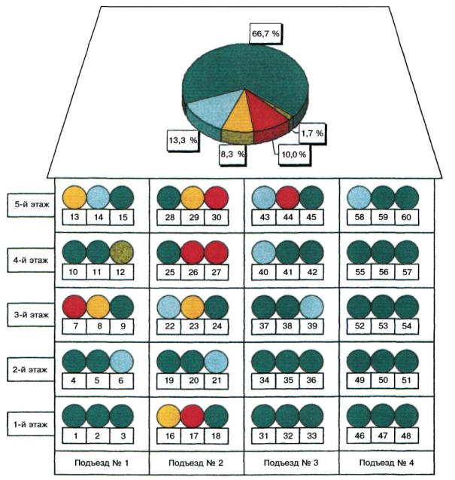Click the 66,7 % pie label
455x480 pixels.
pos(265,33)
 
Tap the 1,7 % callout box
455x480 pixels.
pos(312,133)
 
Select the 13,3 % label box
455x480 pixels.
pos(183,140)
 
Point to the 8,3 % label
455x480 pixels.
pos(233,154)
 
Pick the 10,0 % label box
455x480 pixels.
pos(293,154)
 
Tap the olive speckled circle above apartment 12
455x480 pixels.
pos(121,252)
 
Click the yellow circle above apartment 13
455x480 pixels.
pos(74,197)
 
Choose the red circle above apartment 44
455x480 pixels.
pos(287,197)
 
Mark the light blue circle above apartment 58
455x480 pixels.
pos(359,197)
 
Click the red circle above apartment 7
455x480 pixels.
pos(74,307)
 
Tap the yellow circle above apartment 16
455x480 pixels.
pos(168,416)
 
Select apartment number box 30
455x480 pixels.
pos(217,217)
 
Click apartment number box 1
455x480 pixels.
pos(74,436)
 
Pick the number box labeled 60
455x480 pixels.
pos(406,217)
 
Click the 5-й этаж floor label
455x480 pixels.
pos(31,205)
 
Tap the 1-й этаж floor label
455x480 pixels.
pos(31,424)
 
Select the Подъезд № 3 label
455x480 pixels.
pos(291,463)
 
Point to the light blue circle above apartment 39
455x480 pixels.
pos(311,307)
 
